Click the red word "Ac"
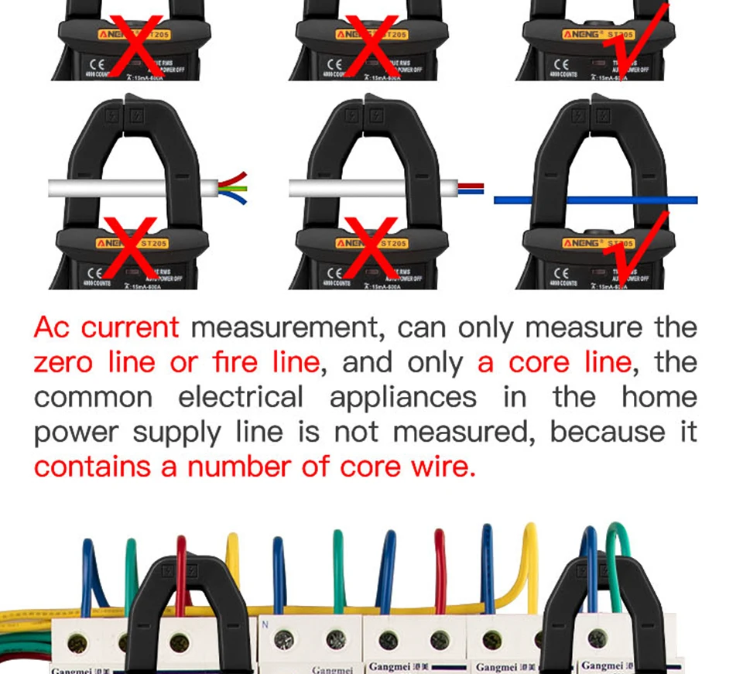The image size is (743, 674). [53, 328]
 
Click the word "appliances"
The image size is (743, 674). [403, 397]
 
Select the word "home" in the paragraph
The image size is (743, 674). [659, 397]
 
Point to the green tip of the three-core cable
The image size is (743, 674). [241, 187]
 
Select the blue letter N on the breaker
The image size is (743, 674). [265, 623]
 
